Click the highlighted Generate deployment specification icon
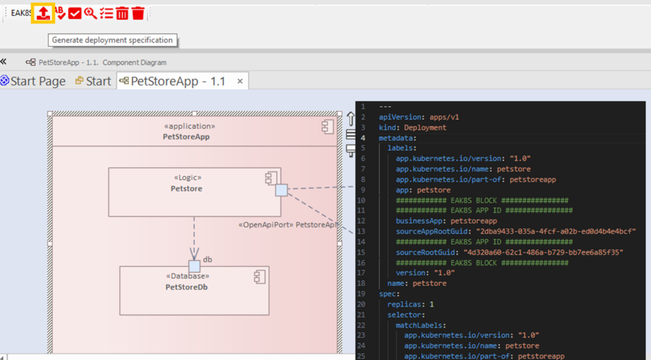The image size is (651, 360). pyautogui.click(x=43, y=13)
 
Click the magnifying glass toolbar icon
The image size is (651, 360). pyautogui.click(x=90, y=13)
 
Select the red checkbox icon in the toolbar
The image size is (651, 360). pyautogui.click(x=75, y=14)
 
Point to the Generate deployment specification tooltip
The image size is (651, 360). pyautogui.click(x=113, y=40)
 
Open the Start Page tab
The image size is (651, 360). pyautogui.click(x=34, y=81)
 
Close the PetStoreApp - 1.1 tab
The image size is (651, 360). pyautogui.click(x=240, y=81)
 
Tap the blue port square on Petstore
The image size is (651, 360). pyautogui.click(x=282, y=190)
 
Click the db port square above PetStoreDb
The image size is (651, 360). pyautogui.click(x=195, y=266)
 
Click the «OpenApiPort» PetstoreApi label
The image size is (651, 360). pyautogui.click(x=288, y=225)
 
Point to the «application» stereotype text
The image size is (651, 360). pyautogui.click(x=189, y=126)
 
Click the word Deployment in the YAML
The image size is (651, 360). pyautogui.click(x=425, y=127)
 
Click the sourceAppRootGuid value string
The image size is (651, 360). pyautogui.click(x=556, y=232)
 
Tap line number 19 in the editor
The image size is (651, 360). pyautogui.click(x=361, y=294)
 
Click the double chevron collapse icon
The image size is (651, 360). pyautogui.click(x=3, y=62)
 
